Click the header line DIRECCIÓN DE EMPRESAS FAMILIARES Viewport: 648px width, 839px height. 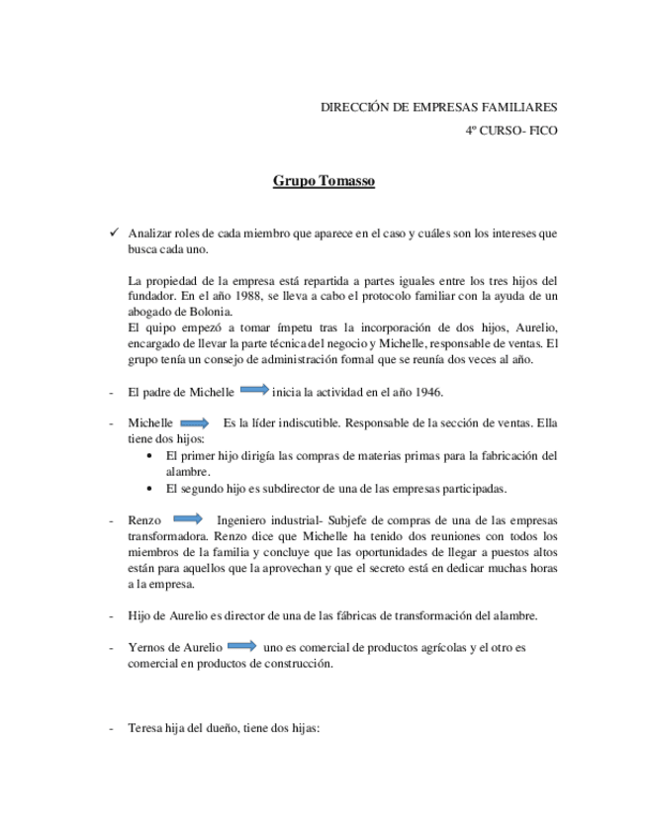[439, 107]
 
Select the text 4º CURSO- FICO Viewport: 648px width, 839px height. [510, 130]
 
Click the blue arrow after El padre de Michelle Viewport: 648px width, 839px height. [254, 389]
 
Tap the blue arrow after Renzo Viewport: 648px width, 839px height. [187, 518]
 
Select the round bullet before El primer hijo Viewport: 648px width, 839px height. [148, 456]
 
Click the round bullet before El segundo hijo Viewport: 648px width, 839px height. [148, 488]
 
